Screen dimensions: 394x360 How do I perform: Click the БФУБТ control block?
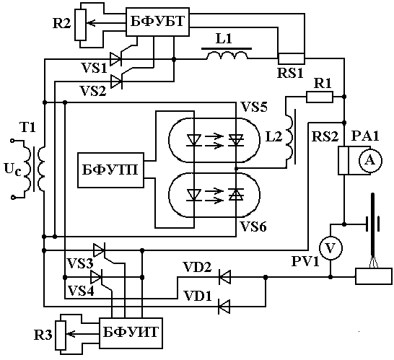(x=157, y=22)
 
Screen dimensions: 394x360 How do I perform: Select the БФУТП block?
(x=110, y=170)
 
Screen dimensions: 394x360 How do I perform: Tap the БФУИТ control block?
(x=131, y=333)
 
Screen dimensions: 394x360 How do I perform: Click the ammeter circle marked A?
(x=370, y=161)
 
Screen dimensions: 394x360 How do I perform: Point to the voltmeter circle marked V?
(x=330, y=248)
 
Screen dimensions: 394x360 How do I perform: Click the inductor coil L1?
(x=227, y=55)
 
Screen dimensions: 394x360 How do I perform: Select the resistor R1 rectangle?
(x=320, y=97)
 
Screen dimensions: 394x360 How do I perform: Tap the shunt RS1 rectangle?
(x=292, y=58)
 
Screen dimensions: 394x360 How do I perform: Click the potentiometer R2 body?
(x=81, y=25)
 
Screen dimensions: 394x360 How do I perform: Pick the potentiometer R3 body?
(x=61, y=335)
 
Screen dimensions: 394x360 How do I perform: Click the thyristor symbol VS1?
(x=116, y=59)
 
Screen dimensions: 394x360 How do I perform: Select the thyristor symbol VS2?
(x=116, y=81)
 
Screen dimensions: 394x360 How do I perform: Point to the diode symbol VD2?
(x=224, y=277)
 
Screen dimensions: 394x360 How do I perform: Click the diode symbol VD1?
(x=224, y=307)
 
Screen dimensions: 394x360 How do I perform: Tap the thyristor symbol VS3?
(x=99, y=250)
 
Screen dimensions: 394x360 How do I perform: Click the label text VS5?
(x=254, y=107)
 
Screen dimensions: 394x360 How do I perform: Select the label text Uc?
(x=12, y=169)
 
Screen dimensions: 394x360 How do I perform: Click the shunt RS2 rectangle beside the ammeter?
(x=343, y=161)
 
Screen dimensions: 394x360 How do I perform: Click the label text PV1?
(x=305, y=261)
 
